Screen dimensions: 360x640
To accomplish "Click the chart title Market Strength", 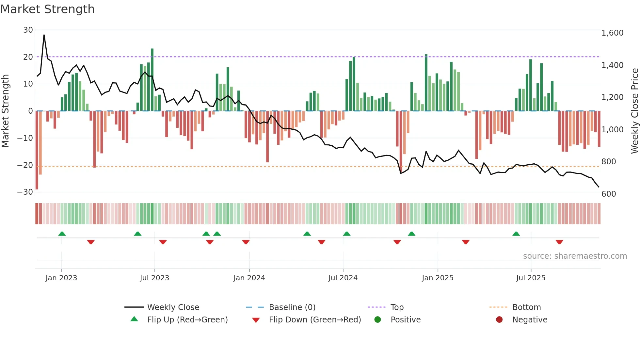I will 47,9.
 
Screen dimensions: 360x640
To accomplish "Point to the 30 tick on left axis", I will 28,30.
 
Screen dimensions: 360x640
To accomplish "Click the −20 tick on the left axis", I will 25,165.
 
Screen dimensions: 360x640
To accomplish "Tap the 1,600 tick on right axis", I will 612,33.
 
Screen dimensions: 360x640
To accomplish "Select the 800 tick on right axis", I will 608,162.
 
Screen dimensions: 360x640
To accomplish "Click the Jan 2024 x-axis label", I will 249,278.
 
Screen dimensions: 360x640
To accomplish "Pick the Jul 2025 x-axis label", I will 531,278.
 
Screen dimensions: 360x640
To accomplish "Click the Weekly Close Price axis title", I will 634,111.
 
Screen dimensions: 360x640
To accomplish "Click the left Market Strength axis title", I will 5,111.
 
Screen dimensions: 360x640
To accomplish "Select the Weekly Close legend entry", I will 173,307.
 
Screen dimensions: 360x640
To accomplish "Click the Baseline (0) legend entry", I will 292,307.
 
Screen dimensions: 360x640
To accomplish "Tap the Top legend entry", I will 397,307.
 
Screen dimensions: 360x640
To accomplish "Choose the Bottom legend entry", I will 526,307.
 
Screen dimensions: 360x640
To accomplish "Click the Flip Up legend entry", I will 187,320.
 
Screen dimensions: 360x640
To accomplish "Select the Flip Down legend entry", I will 314,320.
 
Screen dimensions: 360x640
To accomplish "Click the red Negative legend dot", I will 499,320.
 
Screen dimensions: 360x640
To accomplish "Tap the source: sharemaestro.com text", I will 575,256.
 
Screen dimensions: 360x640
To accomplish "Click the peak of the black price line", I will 44,35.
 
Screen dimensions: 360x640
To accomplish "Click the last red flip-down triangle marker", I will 559,242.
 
